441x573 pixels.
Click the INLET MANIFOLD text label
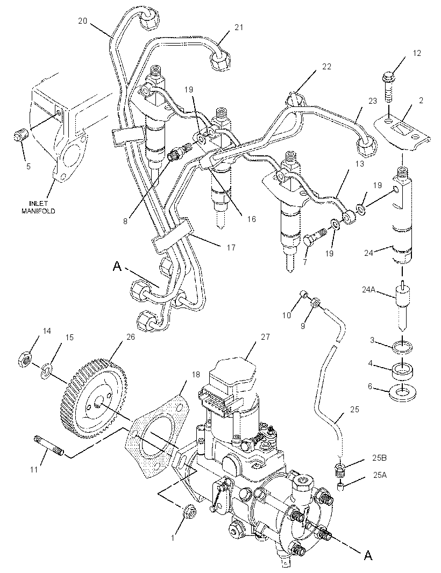(43, 207)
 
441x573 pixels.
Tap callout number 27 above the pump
(266, 336)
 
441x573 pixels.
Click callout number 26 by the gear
(131, 336)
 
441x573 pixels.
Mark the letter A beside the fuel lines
(117, 266)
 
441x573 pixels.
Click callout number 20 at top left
(83, 21)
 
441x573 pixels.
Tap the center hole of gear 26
(98, 404)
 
